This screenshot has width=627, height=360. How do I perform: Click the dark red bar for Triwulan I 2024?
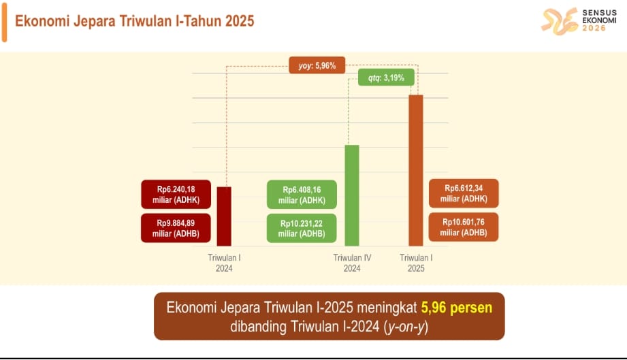click(x=224, y=216)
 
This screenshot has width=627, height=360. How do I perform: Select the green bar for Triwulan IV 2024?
click(x=352, y=195)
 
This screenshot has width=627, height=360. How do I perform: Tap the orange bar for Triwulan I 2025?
click(x=416, y=171)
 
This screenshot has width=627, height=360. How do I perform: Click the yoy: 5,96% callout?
click(x=317, y=65)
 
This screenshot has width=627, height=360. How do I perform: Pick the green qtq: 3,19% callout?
click(x=386, y=78)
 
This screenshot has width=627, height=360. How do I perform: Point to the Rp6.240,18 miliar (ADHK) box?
click(x=176, y=194)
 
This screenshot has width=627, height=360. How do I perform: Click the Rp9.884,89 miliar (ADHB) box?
click(x=176, y=228)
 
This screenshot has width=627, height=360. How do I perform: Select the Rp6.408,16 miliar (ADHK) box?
click(x=302, y=195)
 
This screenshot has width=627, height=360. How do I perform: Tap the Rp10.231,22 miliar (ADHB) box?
click(x=302, y=229)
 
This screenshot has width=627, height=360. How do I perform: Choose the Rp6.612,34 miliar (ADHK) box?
click(x=464, y=193)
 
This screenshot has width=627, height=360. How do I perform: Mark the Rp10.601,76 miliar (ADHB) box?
click(x=464, y=227)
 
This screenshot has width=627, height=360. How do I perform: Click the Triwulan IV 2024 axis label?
click(x=352, y=263)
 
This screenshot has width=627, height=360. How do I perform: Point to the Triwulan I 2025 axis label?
click(x=416, y=263)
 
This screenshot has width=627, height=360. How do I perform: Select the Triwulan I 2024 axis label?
click(x=224, y=263)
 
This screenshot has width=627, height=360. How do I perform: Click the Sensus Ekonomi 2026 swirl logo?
click(x=560, y=21)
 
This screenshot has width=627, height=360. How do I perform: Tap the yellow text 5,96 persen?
click(x=457, y=308)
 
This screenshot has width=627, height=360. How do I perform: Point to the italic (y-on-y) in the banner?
click(x=406, y=327)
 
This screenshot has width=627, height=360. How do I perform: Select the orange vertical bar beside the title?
click(x=4, y=21)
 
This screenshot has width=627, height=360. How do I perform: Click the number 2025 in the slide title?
click(x=240, y=21)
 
